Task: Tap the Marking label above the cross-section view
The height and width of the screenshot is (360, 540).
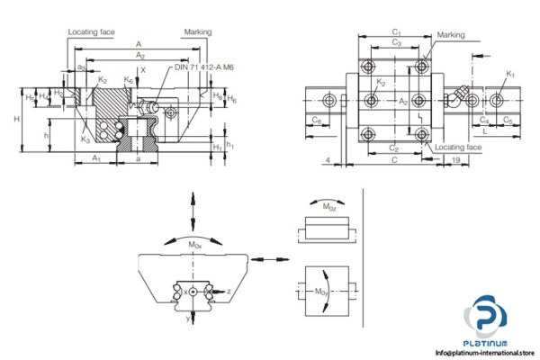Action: [x=198, y=31]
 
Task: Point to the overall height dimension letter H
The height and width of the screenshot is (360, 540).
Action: [x=31, y=118]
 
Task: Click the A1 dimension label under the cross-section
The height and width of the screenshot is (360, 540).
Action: [x=96, y=157]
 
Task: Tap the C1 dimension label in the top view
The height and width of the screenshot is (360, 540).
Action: [x=396, y=32]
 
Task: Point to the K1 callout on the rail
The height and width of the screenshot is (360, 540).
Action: [x=510, y=74]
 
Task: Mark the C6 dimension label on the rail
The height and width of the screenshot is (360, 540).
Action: [x=315, y=119]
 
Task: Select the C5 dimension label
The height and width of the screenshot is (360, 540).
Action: [x=508, y=119]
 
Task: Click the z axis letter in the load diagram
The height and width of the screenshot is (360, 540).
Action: [x=229, y=291]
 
